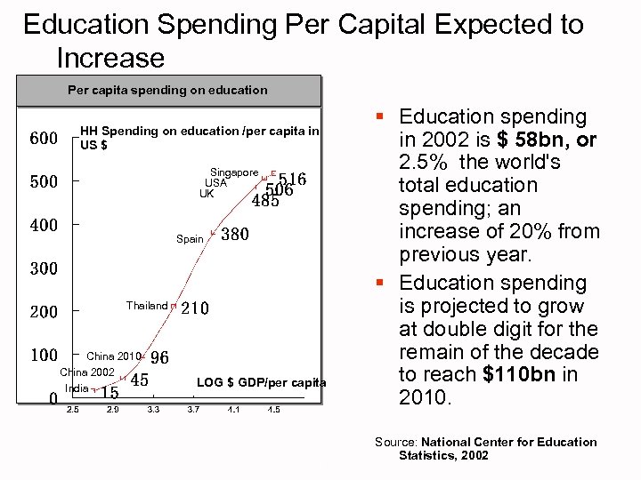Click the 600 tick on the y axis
pyautogui.click(x=44, y=139)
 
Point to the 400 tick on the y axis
pyautogui.click(x=44, y=226)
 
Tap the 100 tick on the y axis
pyautogui.click(x=44, y=356)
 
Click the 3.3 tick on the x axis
pyautogui.click(x=153, y=410)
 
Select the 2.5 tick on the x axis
pyautogui.click(x=72, y=410)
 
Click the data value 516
pyautogui.click(x=292, y=180)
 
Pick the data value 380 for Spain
pyautogui.click(x=234, y=236)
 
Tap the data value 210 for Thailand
pyautogui.click(x=195, y=309)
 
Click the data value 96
pyautogui.click(x=159, y=358)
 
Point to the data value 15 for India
pyautogui.click(x=110, y=392)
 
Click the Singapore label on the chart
pyautogui.click(x=234, y=172)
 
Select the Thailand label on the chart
pyautogui.click(x=146, y=306)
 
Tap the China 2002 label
pyautogui.click(x=87, y=372)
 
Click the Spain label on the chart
pyautogui.click(x=190, y=239)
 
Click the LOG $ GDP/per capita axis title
pyautogui.click(x=261, y=383)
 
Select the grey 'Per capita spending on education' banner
pyautogui.click(x=167, y=90)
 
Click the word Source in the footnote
pyautogui.click(x=396, y=442)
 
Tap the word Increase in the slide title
pyautogui.click(x=110, y=59)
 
